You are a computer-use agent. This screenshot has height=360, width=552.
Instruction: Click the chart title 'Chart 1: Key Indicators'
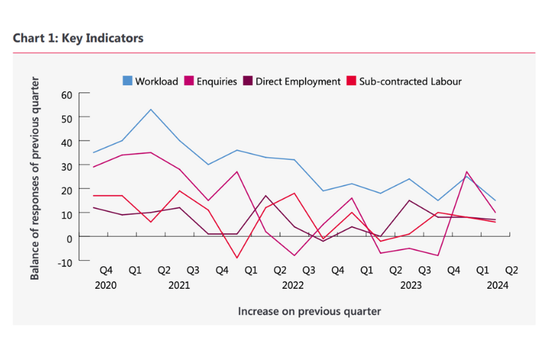point(78,38)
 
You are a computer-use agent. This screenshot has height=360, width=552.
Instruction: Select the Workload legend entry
point(150,81)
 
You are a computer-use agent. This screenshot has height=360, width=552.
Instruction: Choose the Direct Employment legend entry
point(291,81)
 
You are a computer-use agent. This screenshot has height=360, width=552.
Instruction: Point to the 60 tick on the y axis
point(66,95)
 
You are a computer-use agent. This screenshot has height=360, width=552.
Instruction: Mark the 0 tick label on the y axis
point(69,238)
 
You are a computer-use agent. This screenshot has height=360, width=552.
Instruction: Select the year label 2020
point(106,285)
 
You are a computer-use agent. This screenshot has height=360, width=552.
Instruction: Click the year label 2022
point(292,285)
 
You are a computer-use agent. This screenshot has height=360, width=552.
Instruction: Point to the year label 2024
point(497,285)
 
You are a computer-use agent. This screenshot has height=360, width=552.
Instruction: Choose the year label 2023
point(410,285)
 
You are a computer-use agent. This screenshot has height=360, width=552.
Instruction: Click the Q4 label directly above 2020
point(106,270)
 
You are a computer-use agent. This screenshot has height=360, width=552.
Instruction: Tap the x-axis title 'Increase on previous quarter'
point(310,311)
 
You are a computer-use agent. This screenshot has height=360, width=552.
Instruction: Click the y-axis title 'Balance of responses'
point(35,178)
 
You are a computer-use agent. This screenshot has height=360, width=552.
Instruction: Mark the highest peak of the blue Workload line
point(151,109)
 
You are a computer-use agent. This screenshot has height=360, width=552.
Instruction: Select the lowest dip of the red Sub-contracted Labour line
point(237,258)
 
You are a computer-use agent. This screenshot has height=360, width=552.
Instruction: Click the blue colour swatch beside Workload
point(127,81)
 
